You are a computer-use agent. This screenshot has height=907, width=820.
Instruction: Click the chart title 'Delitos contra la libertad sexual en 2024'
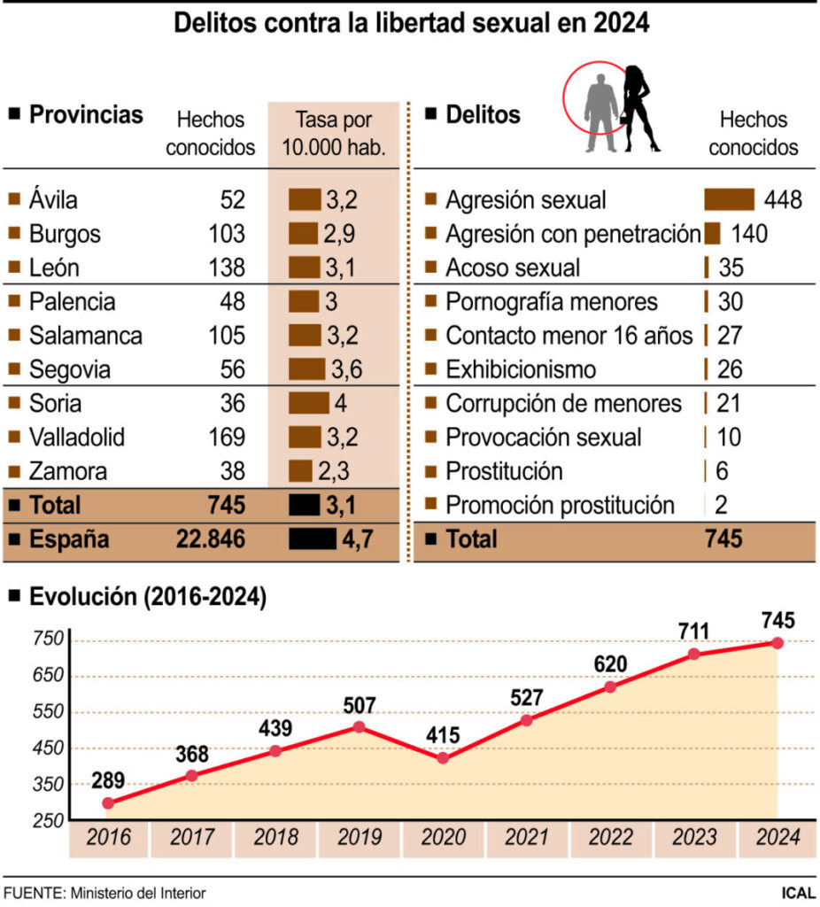click(411, 23)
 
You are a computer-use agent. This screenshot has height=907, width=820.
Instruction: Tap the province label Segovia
click(70, 370)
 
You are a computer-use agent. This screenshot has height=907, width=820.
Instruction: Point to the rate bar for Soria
click(308, 404)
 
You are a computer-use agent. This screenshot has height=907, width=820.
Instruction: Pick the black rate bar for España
click(312, 539)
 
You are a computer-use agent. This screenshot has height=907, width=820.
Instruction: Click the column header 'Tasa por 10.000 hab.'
click(334, 134)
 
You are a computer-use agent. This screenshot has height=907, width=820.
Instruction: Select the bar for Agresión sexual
click(729, 199)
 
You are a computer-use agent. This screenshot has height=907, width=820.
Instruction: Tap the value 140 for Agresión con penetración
click(749, 234)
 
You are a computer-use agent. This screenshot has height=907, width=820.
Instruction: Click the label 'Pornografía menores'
click(552, 302)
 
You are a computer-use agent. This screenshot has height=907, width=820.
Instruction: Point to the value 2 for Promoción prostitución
click(721, 506)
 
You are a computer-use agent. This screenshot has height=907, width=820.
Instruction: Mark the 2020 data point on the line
click(443, 758)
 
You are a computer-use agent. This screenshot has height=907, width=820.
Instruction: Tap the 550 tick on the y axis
click(50, 712)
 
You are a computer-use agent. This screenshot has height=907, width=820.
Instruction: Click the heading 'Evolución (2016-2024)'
click(148, 597)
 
